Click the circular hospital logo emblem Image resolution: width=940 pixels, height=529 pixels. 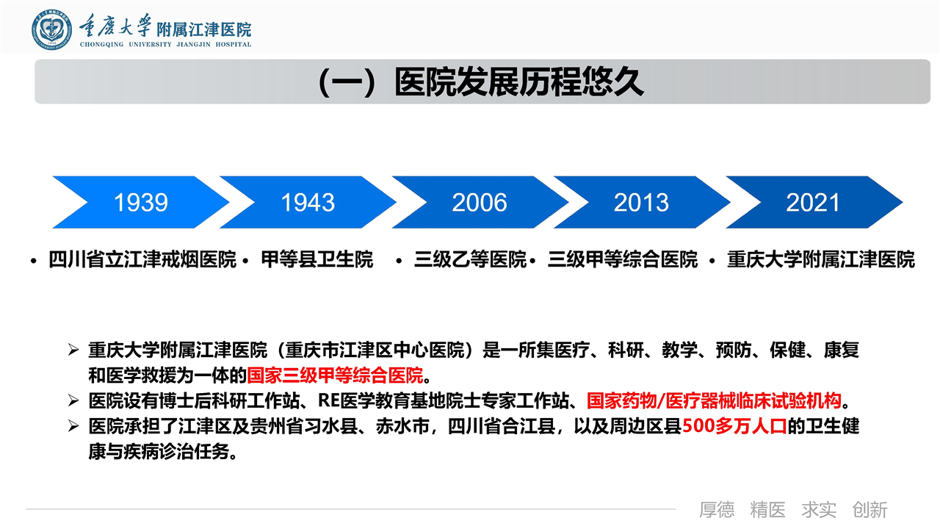pos(51,30)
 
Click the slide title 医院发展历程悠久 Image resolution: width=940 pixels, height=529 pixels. pos(518,82)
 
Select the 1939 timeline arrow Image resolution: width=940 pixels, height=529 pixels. pos(141,202)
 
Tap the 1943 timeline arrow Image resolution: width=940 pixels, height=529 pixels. pos(308,202)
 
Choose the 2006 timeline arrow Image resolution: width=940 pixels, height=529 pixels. pos(480,202)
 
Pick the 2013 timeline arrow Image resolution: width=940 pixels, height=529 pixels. pos(642,202)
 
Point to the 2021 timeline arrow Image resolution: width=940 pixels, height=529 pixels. pos(814,202)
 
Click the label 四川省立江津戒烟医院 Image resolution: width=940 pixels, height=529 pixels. pos(142,259)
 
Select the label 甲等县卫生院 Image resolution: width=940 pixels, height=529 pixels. pos(317,259)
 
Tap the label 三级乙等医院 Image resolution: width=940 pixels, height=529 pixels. pos(470,259)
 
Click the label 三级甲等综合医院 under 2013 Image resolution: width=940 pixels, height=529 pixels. pos(623,259)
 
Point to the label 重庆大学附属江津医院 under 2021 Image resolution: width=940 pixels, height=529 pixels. pos(821,259)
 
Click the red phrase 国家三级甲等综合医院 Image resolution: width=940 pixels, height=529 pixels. pos(335,375)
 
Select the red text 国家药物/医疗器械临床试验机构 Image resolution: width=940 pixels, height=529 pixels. pos(714,401)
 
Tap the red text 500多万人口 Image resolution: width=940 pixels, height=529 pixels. pos(734,426)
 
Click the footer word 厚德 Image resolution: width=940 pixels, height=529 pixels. pos(717,510)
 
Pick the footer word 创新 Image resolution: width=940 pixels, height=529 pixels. pos(870,510)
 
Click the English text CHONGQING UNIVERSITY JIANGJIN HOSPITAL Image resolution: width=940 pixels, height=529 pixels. pos(165,44)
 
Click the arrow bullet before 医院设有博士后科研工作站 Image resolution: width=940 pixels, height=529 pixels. pos(73,401)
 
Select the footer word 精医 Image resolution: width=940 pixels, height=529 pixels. pos(768,510)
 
